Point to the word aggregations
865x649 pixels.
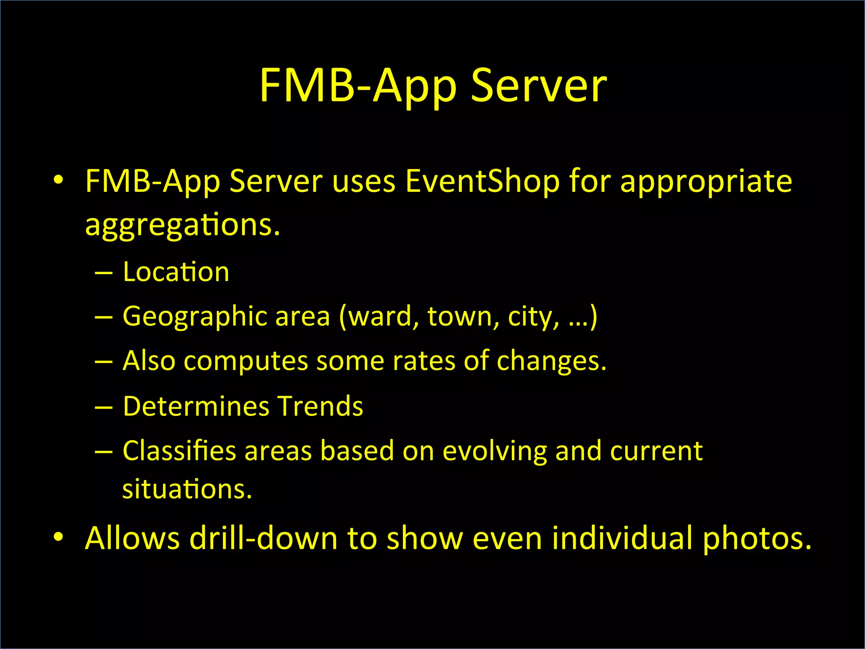click(x=182, y=225)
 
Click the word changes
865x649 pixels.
click(x=551, y=361)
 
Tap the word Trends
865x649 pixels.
click(x=320, y=406)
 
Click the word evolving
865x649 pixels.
click(x=495, y=451)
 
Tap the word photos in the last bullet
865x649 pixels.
click(x=756, y=539)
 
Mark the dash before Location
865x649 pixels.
click(x=104, y=273)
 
